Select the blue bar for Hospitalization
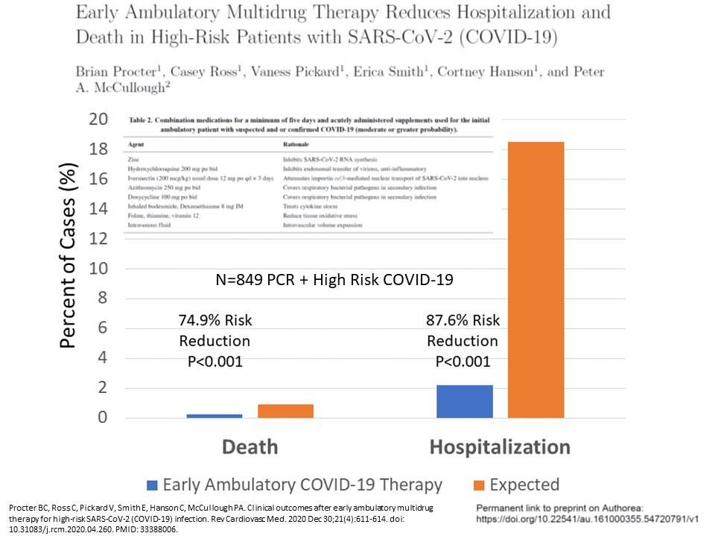465,401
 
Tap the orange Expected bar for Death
285,411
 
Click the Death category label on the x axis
250,447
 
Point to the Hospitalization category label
500,447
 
